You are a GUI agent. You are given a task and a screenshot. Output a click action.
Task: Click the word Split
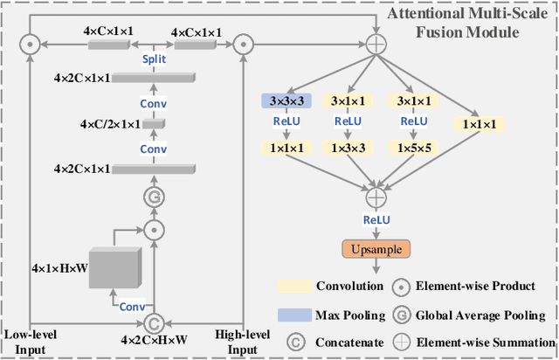tap(154, 60)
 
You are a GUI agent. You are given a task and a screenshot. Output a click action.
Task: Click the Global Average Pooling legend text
tap(480, 315)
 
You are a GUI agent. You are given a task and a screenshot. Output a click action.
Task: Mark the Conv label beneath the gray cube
tap(133, 306)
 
